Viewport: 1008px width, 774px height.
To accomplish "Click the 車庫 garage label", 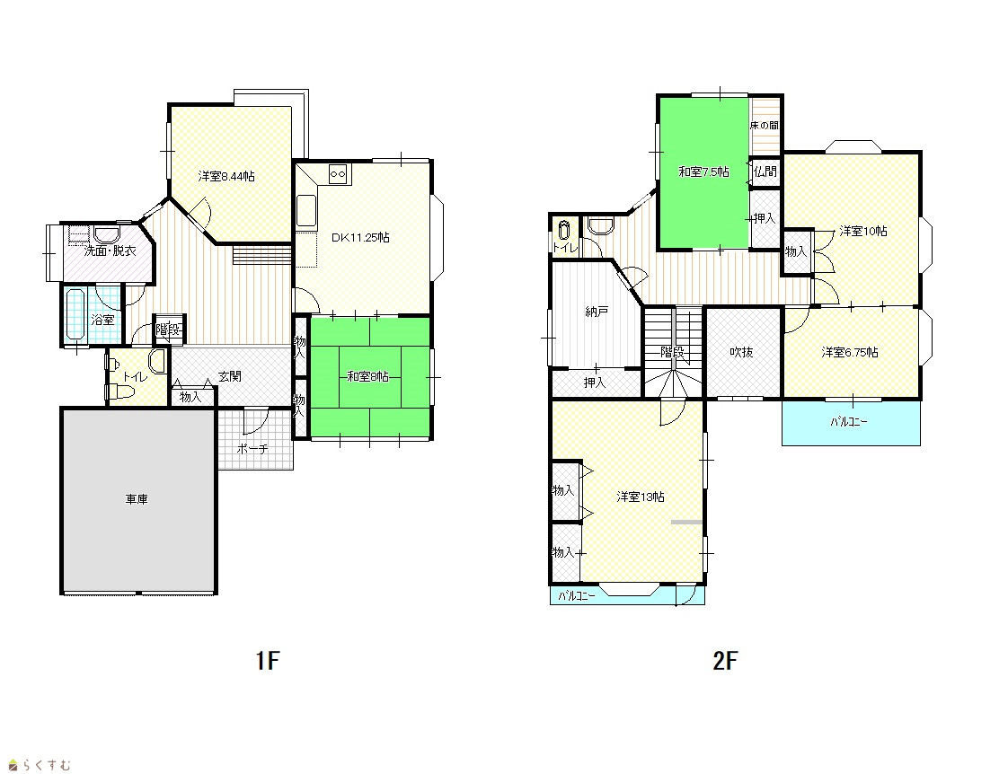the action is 137,499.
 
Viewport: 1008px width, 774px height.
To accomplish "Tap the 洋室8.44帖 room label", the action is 226,176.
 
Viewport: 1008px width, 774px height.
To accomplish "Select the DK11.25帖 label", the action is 360,238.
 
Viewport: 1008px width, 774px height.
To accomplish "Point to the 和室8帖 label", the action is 367,376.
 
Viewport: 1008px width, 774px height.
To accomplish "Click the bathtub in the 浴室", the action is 75,314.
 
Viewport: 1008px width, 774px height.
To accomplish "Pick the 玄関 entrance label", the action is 229,376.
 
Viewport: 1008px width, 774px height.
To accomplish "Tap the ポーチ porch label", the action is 252,449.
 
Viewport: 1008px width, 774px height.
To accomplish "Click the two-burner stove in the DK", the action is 338,173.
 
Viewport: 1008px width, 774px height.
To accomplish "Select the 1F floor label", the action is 268,660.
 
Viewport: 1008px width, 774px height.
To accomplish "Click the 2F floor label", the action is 725,660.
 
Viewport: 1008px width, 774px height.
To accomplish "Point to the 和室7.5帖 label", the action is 704,172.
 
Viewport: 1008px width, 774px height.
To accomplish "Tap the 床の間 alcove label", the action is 765,125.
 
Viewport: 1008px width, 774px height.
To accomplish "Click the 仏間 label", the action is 765,172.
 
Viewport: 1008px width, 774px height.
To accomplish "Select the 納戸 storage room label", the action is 597,312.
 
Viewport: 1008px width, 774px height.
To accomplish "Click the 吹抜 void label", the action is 741,352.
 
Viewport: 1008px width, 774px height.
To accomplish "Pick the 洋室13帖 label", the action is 641,497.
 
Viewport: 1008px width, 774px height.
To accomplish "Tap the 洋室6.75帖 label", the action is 849,352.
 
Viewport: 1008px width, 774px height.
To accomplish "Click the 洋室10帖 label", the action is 862,232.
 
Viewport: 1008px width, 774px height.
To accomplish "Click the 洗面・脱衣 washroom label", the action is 110,251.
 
